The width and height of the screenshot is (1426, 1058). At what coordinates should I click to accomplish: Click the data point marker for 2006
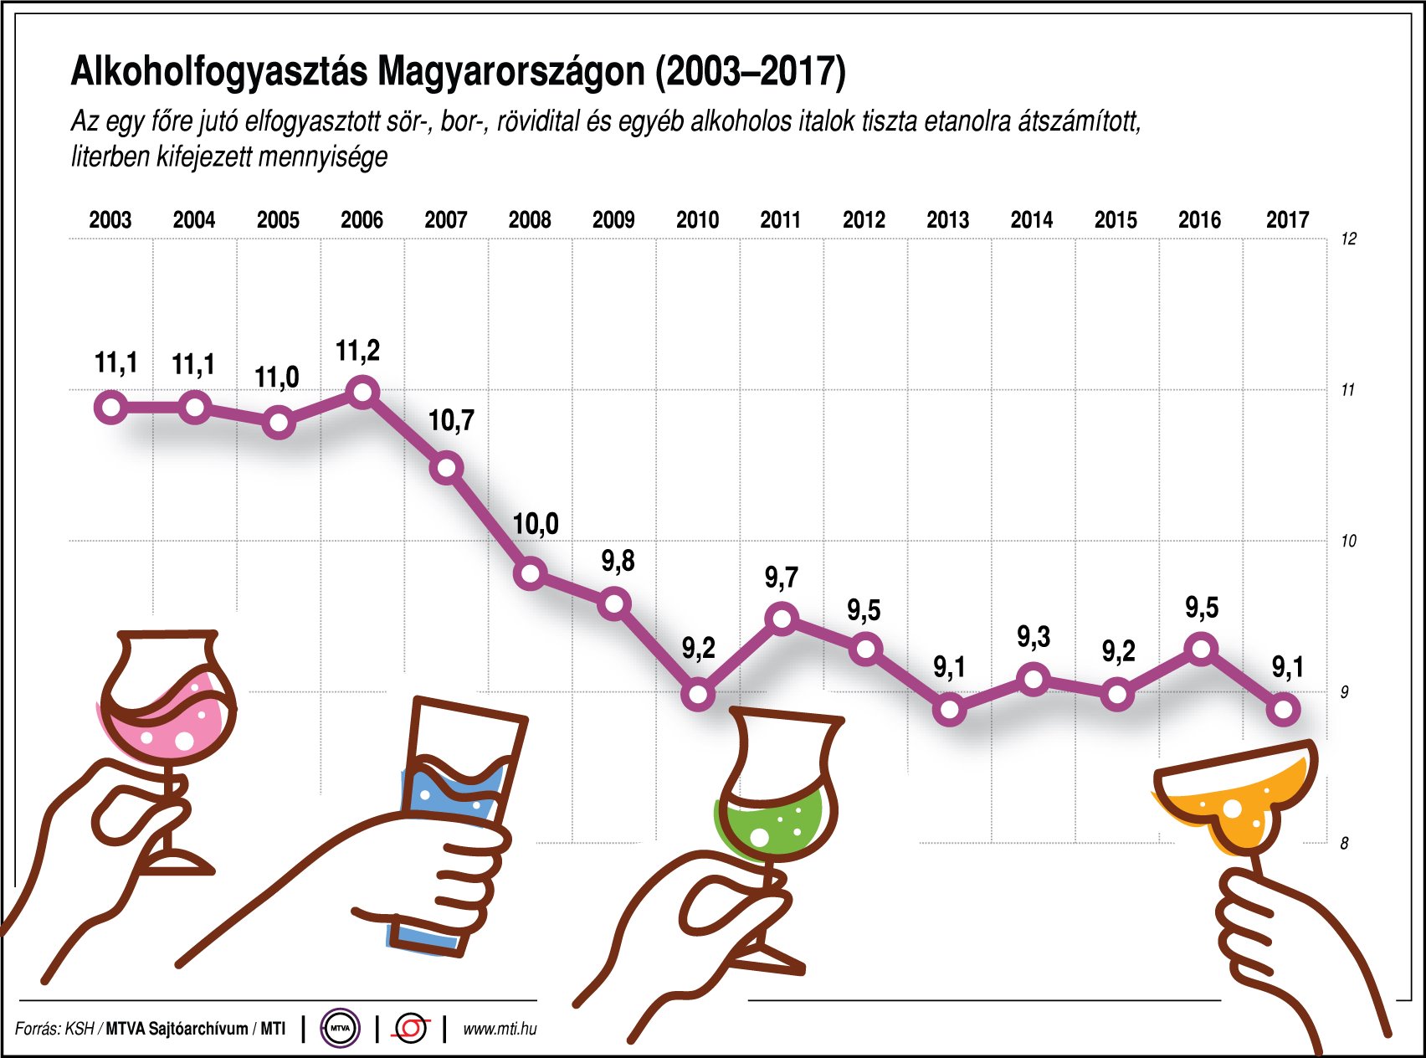pyautogui.click(x=363, y=392)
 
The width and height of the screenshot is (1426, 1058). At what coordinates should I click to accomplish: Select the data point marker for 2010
pyautogui.click(x=698, y=695)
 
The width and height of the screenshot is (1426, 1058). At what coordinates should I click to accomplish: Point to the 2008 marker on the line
pyautogui.click(x=531, y=574)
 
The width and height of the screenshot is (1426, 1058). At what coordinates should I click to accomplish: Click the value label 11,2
pyautogui.click(x=357, y=352)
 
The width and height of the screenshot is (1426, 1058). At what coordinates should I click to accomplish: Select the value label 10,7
pyautogui.click(x=451, y=420)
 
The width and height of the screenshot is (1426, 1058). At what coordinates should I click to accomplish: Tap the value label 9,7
pyautogui.click(x=782, y=578)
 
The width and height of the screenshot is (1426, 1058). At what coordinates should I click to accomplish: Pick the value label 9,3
pyautogui.click(x=1034, y=638)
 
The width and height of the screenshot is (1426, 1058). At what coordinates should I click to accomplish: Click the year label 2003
pyautogui.click(x=110, y=220)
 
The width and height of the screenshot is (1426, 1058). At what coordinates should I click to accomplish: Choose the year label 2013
pyautogui.click(x=947, y=220)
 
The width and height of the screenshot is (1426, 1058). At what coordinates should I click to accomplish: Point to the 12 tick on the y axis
pyautogui.click(x=1348, y=239)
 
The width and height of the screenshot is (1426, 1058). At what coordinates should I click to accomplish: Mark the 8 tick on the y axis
pyautogui.click(x=1345, y=844)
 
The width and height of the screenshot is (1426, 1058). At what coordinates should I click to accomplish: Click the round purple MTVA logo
pyautogui.click(x=340, y=1029)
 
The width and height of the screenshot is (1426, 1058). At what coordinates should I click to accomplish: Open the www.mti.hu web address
pyautogui.click(x=500, y=1029)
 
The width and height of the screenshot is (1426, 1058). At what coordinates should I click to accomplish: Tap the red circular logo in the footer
pyautogui.click(x=411, y=1028)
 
